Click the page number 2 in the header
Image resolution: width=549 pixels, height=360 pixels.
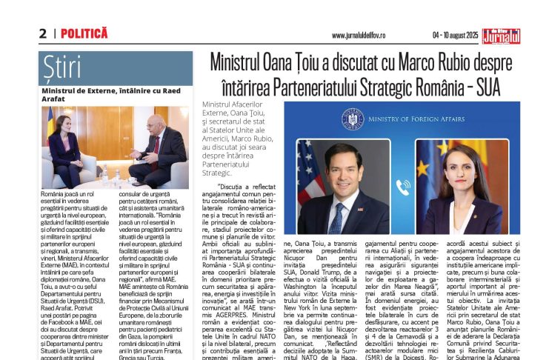(43, 34)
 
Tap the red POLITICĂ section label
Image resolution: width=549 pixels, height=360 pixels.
(84, 33)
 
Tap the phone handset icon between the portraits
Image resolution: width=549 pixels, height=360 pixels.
(403, 187)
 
